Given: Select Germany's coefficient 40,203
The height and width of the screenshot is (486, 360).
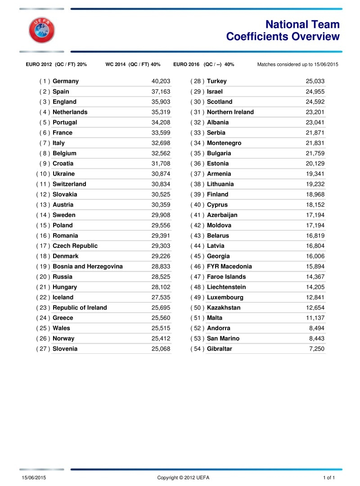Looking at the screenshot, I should pyautogui.click(x=161, y=81).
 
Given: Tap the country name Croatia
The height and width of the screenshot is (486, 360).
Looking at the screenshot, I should pyautogui.click(x=63, y=164).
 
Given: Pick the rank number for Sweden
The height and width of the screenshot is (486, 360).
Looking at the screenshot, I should pyautogui.click(x=43, y=215).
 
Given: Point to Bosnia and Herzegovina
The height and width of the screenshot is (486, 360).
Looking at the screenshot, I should pyautogui.click(x=88, y=267).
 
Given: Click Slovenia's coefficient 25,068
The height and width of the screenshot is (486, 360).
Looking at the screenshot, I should pyautogui.click(x=161, y=349).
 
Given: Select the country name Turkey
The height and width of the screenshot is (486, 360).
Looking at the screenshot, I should pyautogui.click(x=217, y=81).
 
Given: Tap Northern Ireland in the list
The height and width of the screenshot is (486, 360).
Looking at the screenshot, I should pyautogui.click(x=230, y=112).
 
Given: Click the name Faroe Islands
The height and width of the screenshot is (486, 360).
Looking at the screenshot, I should pyautogui.click(x=226, y=277).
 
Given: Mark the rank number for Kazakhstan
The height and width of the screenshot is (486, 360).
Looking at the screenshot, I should pyautogui.click(x=198, y=308).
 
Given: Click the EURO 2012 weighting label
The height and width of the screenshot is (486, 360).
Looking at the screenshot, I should pyautogui.click(x=57, y=64).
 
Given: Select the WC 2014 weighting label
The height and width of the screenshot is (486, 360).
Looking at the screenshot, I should pyautogui.click(x=133, y=64).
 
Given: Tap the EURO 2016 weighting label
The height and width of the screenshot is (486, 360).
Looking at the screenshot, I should pyautogui.click(x=203, y=64).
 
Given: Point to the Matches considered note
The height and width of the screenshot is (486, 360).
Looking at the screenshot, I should pyautogui.click(x=297, y=64).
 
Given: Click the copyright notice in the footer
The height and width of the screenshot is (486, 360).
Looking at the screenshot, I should pyautogui.click(x=183, y=477).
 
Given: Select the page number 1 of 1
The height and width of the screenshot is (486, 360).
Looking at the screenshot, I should pyautogui.click(x=329, y=477).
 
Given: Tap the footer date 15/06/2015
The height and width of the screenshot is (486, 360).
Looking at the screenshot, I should pyautogui.click(x=34, y=477).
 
